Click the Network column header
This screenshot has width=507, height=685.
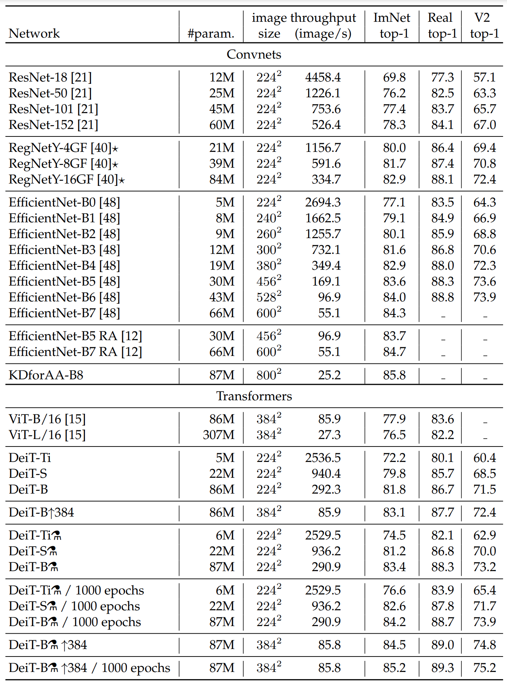[34, 34]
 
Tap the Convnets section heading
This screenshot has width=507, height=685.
[254, 55]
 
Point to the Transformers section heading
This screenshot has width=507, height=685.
[254, 396]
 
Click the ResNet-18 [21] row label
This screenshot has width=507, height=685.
[50, 78]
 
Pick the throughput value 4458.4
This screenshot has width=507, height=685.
[323, 78]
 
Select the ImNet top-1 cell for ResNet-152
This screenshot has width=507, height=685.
[394, 125]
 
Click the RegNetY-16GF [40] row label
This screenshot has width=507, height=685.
[66, 180]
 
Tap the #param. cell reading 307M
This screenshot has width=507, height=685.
[219, 435]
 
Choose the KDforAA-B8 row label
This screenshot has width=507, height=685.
[46, 375]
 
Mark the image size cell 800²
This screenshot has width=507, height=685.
[269, 375]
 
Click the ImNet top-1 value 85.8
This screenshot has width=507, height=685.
[394, 375]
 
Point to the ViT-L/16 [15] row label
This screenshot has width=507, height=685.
[47, 435]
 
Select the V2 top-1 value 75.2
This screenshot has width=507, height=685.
[484, 668]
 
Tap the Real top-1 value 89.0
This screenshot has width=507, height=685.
[443, 645]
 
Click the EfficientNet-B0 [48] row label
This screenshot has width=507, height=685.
[64, 202]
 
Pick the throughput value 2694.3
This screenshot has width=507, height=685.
[323, 202]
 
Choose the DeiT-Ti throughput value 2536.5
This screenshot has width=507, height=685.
[323, 458]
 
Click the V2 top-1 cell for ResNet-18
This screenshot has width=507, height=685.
[484, 78]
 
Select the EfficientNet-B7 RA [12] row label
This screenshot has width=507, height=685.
[75, 352]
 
